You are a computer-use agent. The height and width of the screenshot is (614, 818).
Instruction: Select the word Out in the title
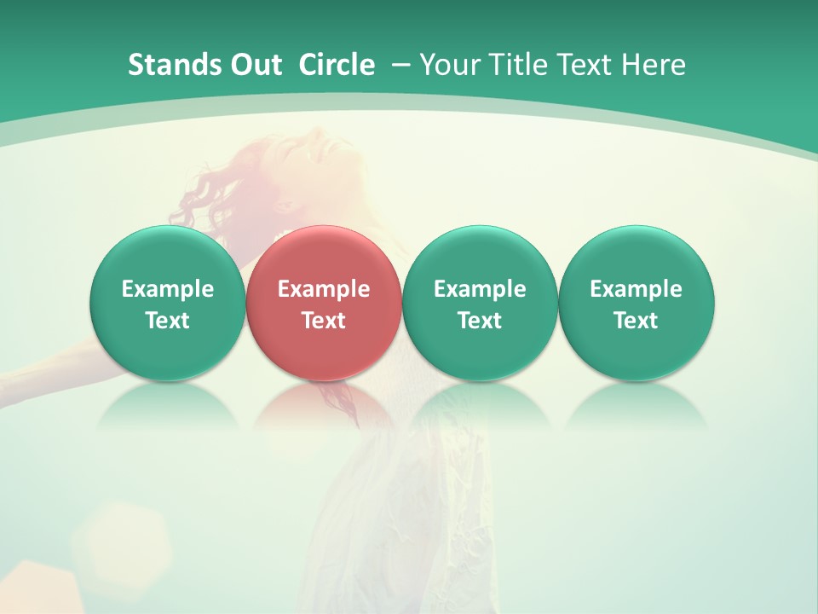coord(253,65)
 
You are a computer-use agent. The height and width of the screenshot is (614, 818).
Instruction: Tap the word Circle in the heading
coord(337,65)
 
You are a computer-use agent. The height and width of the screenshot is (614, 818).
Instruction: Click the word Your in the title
coord(448,65)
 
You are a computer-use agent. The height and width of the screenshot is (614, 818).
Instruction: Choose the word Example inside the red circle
coord(324,289)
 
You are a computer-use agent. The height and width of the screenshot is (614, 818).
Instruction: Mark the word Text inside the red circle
coord(324,321)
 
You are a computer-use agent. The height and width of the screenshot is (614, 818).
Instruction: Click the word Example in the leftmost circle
coord(168,289)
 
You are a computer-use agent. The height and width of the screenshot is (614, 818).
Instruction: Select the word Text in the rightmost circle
coord(637,321)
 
